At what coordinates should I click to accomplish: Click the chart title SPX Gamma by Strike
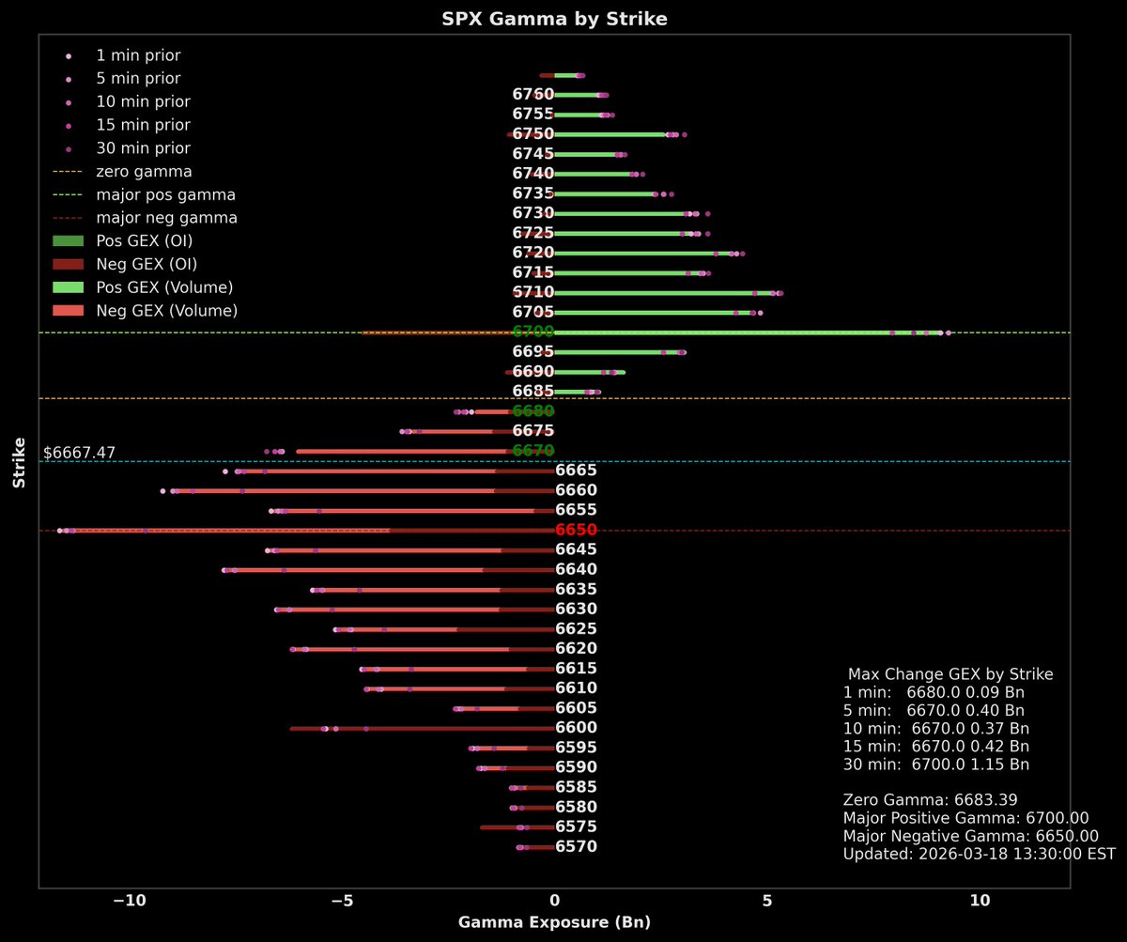554,19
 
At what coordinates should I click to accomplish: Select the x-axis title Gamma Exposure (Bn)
554,922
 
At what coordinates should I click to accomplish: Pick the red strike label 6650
576,531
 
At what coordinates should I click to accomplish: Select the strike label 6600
576,729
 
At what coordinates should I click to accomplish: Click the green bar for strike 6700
733,332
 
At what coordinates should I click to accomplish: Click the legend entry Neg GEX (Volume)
166,310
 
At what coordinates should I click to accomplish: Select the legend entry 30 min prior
143,148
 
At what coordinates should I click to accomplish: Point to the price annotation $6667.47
80,453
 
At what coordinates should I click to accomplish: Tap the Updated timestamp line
979,855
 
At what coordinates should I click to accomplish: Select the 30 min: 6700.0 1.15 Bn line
935,764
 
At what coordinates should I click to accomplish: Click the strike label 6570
576,847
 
